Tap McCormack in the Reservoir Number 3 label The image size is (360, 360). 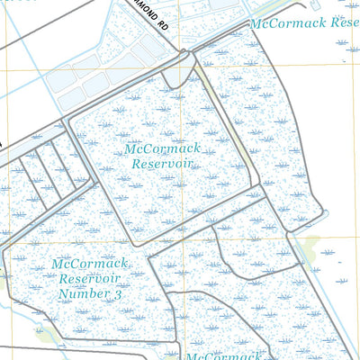coord(90,265)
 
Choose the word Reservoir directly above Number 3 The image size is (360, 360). coord(90,279)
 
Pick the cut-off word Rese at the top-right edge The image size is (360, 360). coord(346,21)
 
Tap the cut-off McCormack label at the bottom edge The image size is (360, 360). coord(225,355)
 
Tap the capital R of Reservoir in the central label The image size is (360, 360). coord(136,165)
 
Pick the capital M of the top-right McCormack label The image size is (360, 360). coord(256,22)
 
